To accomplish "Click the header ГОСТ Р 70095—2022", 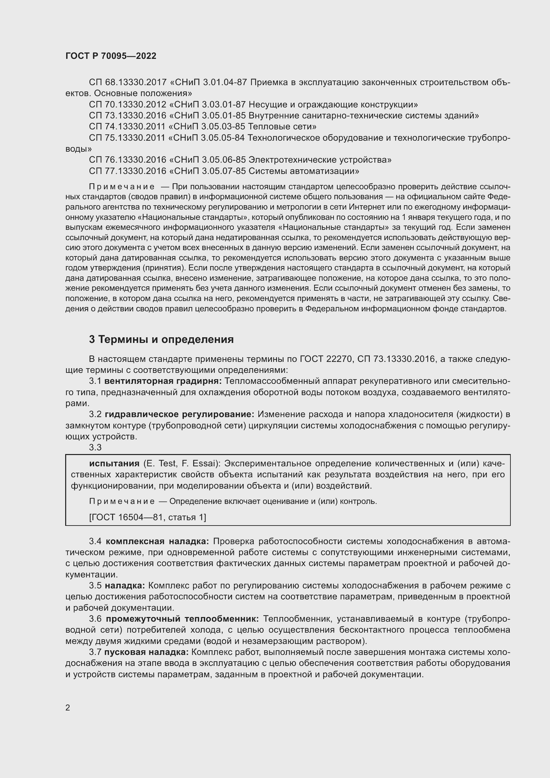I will [x=111, y=56].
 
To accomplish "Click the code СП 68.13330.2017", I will [x=128, y=82].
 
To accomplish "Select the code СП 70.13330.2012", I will [x=128, y=104].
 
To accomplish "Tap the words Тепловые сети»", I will [x=282, y=127].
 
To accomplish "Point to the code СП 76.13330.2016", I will [x=128, y=160].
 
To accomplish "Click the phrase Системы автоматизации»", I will [x=304, y=171].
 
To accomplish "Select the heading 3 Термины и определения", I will [x=161, y=340].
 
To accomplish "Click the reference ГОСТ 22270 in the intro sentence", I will [x=326, y=359].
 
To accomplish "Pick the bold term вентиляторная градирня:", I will [x=163, y=381].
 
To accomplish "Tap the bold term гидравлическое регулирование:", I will [x=180, y=414].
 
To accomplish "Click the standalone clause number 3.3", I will [x=95, y=448].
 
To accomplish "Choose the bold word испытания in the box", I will [x=114, y=464].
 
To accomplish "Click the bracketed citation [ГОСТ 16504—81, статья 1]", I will [x=147, y=518].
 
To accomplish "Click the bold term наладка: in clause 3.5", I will [x=125, y=586].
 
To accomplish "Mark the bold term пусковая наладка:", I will [x=146, y=652].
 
